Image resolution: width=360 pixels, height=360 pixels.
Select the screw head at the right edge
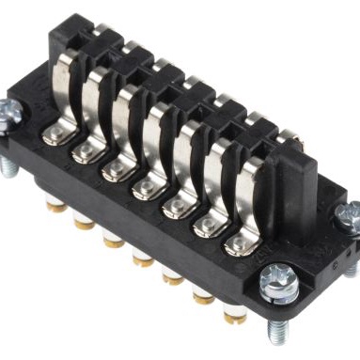coord(349,212)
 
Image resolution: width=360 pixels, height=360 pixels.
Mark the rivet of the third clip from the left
coord(115,170)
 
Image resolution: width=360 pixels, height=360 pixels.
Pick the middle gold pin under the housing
coord(142,257)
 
